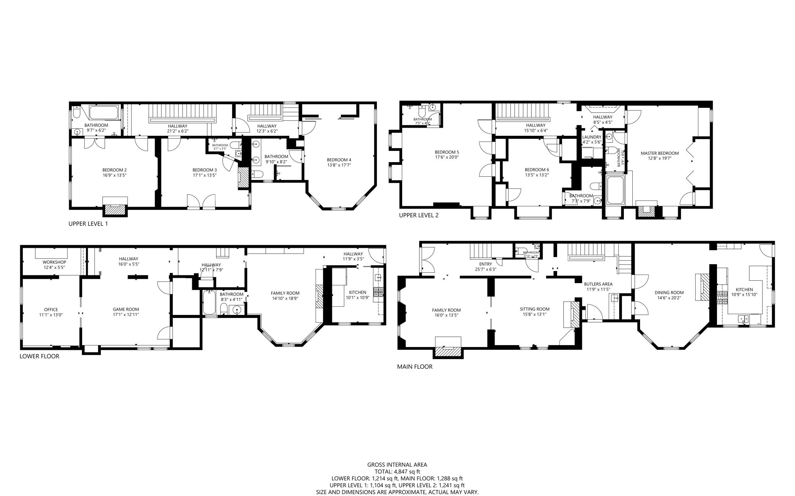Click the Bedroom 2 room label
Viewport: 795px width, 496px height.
pyautogui.click(x=115, y=170)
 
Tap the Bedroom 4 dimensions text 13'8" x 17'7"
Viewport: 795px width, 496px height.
pyautogui.click(x=339, y=165)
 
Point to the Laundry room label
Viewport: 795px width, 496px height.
pyautogui.click(x=592, y=137)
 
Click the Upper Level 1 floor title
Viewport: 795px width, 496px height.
pyautogui.click(x=88, y=224)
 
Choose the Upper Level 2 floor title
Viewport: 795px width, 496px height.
pyautogui.click(x=419, y=215)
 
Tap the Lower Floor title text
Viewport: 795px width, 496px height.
pyautogui.click(x=39, y=356)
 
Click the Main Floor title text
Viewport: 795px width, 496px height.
pyautogui.click(x=414, y=366)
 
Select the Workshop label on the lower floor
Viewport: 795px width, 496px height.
pyautogui.click(x=54, y=263)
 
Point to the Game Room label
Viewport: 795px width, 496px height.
pyautogui.click(x=126, y=309)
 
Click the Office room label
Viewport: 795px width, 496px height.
pyautogui.click(x=51, y=309)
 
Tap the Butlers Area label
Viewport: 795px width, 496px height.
pyautogui.click(x=598, y=284)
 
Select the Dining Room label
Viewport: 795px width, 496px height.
pyautogui.click(x=669, y=293)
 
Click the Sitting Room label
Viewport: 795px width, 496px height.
pyautogui.click(x=535, y=309)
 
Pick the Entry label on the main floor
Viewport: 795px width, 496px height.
pyautogui.click(x=485, y=264)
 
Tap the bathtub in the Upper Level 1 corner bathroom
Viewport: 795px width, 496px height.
pyautogui.click(x=102, y=113)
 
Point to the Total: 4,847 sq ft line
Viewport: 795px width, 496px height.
pyautogui.click(x=397, y=472)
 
